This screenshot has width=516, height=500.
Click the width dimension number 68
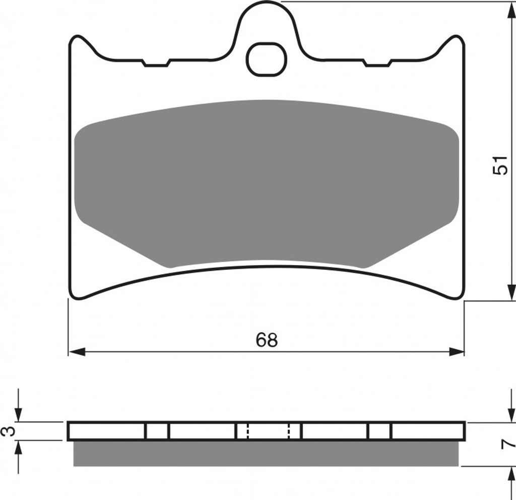(x=267, y=340)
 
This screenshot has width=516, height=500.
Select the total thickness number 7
(x=507, y=445)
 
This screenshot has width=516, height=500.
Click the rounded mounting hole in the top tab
(x=267, y=59)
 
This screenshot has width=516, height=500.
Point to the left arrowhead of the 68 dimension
(x=77, y=351)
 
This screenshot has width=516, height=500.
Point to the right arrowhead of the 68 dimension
(x=456, y=351)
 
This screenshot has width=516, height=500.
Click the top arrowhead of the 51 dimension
(x=510, y=10)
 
